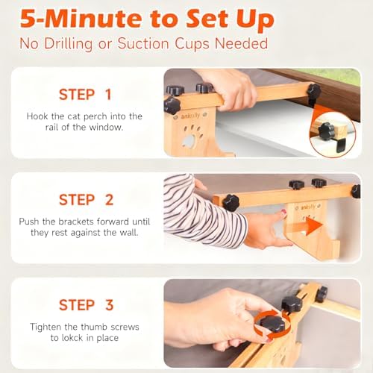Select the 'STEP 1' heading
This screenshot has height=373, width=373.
point(85,95)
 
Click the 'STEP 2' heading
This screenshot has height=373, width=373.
point(86,200)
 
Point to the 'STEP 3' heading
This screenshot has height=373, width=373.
point(86,305)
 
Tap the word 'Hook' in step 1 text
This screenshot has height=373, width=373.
point(37,116)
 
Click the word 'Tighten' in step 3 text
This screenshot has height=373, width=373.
point(46,327)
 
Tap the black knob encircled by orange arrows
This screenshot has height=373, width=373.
point(272,324)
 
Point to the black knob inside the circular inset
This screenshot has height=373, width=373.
point(326,131)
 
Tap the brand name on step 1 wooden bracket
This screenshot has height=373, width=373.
point(190,116)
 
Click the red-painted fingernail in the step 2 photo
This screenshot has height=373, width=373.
point(283,213)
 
